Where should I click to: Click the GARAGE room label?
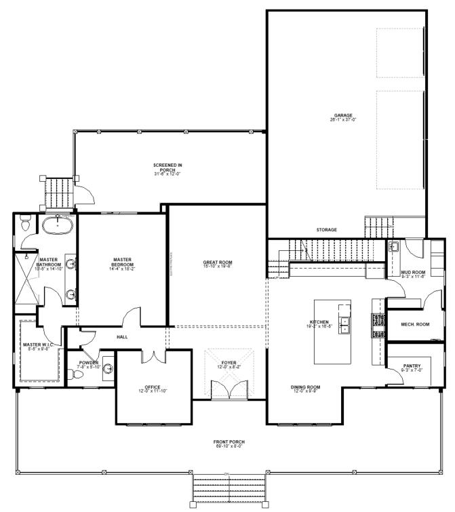click(342, 116)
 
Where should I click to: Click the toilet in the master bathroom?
click(25, 221)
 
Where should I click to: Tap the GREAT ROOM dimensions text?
click(218, 267)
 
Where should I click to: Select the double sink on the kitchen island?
click(344, 326)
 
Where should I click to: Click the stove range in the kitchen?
click(377, 325)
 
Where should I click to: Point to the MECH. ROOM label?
click(416, 324)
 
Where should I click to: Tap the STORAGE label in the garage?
click(326, 230)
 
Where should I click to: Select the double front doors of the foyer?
click(229, 391)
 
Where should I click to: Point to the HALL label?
click(122, 337)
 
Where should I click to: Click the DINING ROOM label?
click(306, 387)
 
